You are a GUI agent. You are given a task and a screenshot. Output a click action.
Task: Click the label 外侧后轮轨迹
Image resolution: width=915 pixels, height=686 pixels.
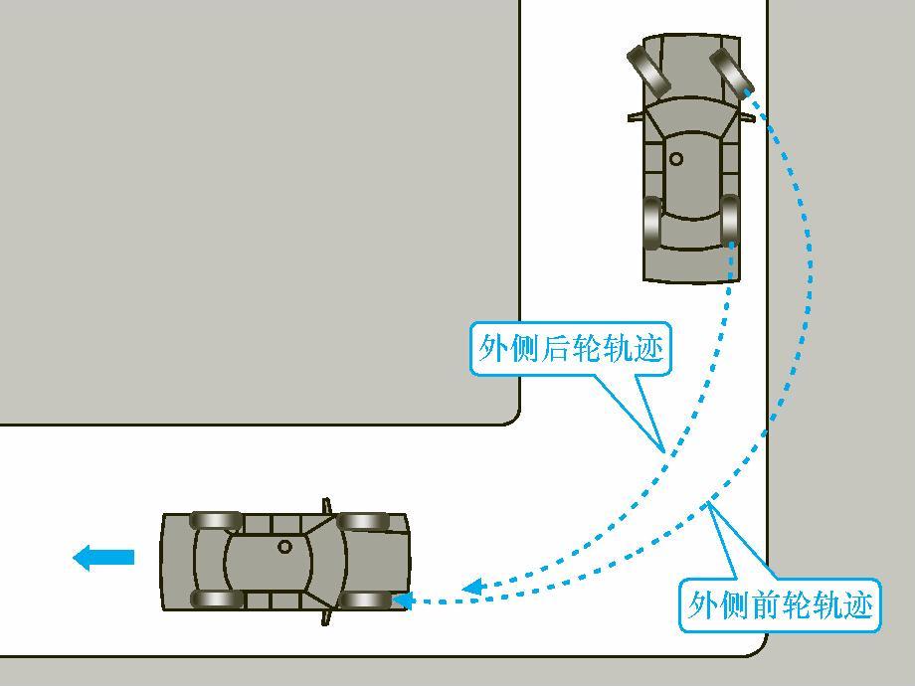(570, 348)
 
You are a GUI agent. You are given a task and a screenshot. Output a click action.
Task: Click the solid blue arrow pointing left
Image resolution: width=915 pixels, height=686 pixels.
(103, 557)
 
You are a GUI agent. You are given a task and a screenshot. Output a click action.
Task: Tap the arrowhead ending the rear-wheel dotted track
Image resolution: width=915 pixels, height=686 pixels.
(472, 587)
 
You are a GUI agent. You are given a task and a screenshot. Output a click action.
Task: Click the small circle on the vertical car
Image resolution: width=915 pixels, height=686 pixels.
(676, 158)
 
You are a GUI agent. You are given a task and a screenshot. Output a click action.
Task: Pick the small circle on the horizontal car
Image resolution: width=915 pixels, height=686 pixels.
(285, 546)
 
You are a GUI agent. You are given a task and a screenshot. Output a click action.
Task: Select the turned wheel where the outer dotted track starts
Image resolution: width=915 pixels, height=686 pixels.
(730, 74)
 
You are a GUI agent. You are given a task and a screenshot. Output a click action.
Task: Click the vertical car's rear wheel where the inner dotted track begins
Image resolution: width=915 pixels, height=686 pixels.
(730, 222)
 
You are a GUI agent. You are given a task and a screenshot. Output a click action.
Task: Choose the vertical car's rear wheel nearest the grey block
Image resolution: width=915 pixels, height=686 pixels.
(652, 224)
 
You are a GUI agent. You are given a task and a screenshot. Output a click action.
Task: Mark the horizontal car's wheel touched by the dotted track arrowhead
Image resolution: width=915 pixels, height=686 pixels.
(365, 600)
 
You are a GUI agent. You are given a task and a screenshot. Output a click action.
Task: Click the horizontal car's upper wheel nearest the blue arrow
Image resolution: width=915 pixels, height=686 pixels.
(216, 520)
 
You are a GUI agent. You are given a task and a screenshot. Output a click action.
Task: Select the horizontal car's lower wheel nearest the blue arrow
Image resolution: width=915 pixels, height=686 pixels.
(216, 599)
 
